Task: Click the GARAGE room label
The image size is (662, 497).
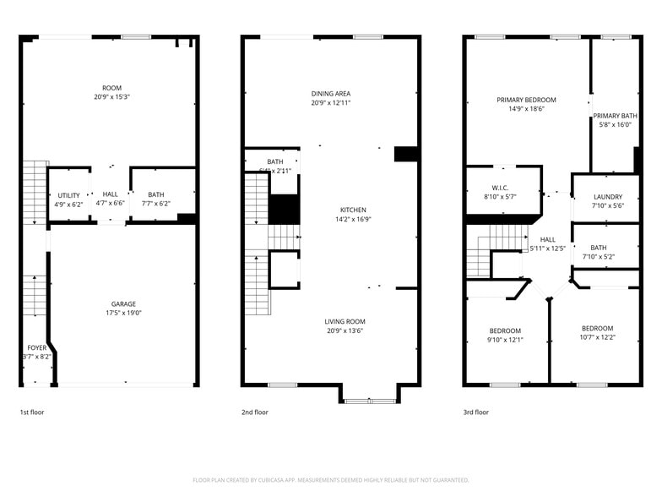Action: [123, 304]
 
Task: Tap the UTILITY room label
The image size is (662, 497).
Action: [68, 195]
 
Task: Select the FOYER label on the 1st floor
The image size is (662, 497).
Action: [37, 347]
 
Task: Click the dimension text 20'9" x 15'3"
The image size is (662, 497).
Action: [111, 97]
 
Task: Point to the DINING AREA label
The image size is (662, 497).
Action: [330, 94]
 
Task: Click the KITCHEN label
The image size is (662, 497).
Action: [353, 210]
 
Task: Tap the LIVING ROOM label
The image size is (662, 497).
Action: [345, 321]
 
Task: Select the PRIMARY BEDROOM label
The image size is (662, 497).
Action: [526, 100]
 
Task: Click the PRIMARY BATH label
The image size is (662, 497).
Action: [615, 116]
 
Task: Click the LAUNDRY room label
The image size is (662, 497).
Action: [607, 197]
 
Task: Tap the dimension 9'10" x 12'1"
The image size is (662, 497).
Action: [505, 340]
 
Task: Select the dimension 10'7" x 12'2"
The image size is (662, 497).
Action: [597, 337]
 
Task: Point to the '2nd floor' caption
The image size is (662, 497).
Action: [254, 412]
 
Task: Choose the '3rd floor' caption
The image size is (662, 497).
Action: [475, 412]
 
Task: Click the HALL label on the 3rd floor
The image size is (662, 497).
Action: [548, 239]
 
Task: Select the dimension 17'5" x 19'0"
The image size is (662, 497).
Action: [123, 313]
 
